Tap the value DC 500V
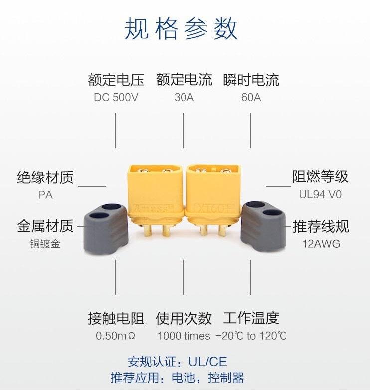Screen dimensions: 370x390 (x=116, y=97)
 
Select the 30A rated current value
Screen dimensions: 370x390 (x=184, y=97)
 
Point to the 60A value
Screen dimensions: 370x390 (x=251, y=97)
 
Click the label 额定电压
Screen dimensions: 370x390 (x=116, y=80)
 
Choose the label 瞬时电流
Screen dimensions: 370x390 (x=251, y=80)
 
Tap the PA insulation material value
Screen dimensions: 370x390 (x=45, y=195)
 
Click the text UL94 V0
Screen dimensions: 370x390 (x=320, y=195)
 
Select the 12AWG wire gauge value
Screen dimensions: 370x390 (x=320, y=244)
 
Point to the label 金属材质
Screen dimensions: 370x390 (x=45, y=226)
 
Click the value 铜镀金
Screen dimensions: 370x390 (x=45, y=244)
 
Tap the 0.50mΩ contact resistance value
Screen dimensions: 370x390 (x=116, y=336)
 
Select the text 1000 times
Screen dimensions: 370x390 (x=184, y=336)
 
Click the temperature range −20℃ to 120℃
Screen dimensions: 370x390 (x=251, y=336)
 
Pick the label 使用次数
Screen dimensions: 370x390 (x=184, y=318)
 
